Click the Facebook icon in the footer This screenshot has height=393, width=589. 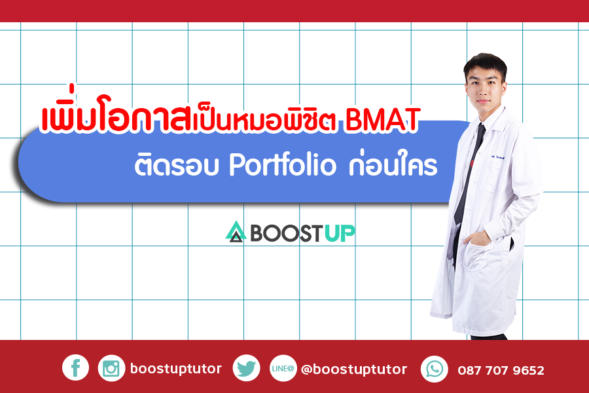click(x=75, y=367)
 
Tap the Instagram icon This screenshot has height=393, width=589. click(x=111, y=368)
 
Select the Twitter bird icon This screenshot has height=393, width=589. click(x=246, y=368)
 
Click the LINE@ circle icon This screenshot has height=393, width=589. click(x=283, y=368)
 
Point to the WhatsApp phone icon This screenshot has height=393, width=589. click(x=435, y=369)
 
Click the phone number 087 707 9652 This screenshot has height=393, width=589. click(x=501, y=371)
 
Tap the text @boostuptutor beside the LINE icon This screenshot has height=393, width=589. click(x=354, y=369)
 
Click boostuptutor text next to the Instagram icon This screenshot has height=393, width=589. click(x=176, y=369)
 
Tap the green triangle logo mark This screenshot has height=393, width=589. click(x=236, y=231)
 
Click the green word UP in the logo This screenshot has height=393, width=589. click(x=339, y=233)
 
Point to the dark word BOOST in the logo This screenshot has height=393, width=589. click(x=286, y=233)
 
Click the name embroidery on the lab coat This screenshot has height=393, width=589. click(x=498, y=157)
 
